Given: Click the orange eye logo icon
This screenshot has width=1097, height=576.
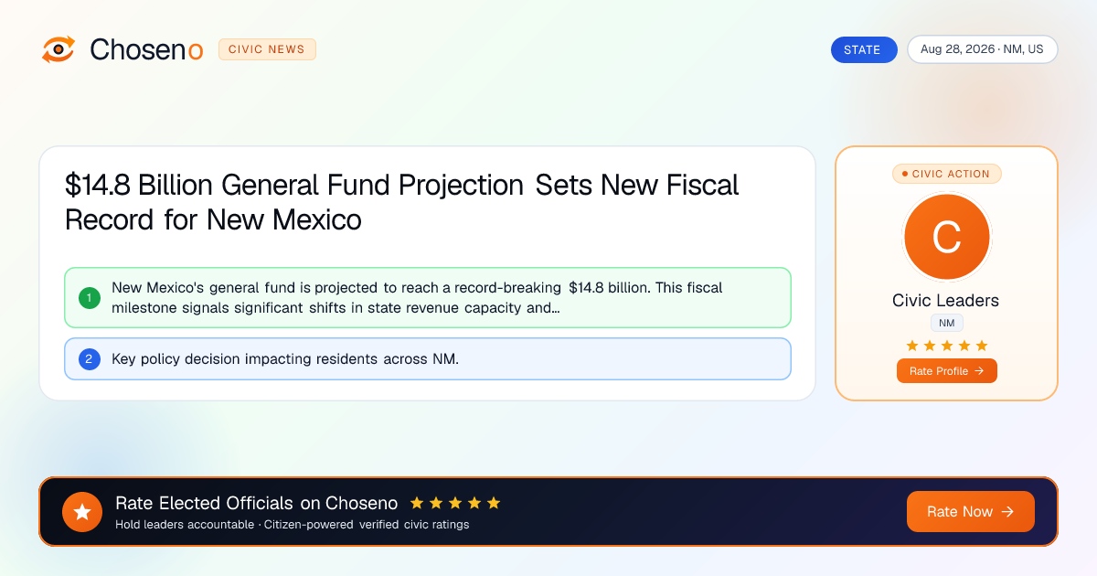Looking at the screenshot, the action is [59, 49].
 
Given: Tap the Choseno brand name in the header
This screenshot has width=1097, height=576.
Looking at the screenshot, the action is [146, 49].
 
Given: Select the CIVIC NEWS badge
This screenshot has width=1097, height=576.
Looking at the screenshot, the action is [267, 49].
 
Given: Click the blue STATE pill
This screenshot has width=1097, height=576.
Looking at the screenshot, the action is [864, 49].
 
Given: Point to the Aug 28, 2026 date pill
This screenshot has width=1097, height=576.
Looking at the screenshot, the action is [983, 49].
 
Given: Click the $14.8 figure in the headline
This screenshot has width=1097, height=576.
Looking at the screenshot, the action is [98, 185].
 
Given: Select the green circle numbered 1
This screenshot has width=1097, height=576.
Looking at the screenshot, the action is [90, 298].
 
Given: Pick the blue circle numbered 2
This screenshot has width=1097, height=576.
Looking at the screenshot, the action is [90, 359].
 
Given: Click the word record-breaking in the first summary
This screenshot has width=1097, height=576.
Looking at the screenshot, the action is [507, 287].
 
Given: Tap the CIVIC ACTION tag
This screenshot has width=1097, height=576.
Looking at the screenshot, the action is [947, 174].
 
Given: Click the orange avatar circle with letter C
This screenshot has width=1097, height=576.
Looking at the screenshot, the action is [947, 237].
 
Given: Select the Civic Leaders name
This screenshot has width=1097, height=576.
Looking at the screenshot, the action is [945, 300].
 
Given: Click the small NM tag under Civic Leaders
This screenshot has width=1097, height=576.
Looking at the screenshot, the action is [947, 324].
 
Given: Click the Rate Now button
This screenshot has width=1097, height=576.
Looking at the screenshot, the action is [970, 511].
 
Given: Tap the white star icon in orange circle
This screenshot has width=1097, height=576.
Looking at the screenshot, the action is [82, 512].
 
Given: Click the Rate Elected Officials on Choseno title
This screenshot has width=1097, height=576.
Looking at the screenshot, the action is [257, 503].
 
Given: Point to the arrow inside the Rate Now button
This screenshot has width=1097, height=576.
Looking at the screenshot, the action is [1007, 511].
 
